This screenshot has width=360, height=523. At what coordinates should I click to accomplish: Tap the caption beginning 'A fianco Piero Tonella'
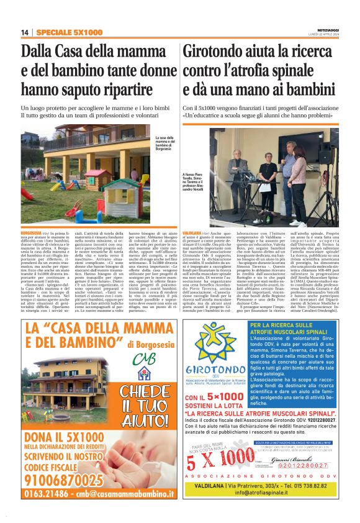pos(197,184)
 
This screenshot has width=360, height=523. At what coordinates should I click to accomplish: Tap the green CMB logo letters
pos(143,360)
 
